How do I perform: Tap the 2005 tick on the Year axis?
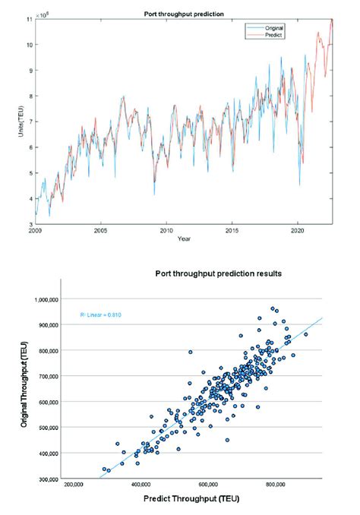100,229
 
